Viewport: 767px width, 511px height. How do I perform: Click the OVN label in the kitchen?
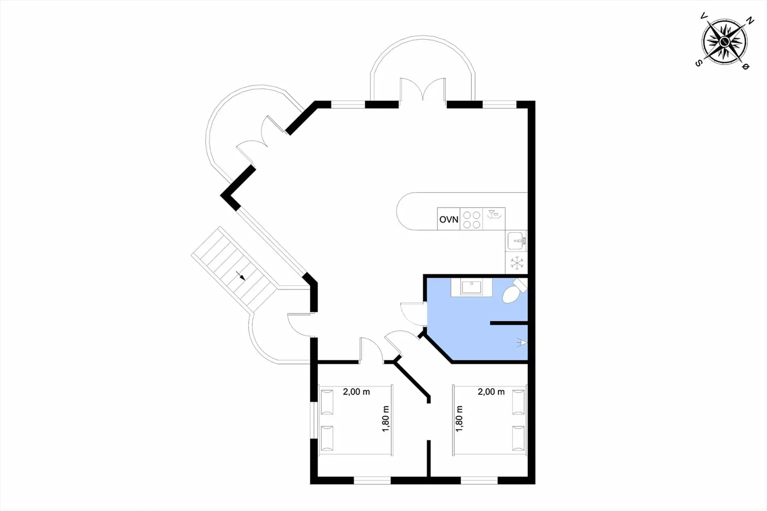[449, 219]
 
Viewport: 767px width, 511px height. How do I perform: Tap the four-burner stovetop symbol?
[471, 219]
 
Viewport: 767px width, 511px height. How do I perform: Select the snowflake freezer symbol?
[517, 263]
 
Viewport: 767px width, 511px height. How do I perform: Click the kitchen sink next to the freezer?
[517, 241]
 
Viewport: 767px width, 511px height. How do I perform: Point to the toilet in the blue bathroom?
[514, 292]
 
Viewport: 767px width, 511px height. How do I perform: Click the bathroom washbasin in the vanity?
[472, 287]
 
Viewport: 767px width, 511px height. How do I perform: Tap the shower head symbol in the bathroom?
[522, 342]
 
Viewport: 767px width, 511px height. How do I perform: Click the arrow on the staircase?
[240, 276]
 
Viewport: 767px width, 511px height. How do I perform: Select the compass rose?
[724, 42]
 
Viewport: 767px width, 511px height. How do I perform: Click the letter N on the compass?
[750, 21]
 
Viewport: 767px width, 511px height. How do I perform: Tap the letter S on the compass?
[698, 63]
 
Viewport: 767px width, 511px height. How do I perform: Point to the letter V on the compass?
[703, 16]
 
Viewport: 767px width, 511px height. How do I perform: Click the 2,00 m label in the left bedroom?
[356, 392]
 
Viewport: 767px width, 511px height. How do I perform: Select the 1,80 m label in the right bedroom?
[459, 419]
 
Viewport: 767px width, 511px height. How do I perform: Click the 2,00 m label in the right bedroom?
[491, 392]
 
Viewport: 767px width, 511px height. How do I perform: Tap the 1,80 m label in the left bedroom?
[385, 419]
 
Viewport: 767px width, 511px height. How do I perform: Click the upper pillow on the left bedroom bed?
[327, 402]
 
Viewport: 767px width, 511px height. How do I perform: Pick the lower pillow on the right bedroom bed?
[518, 438]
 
